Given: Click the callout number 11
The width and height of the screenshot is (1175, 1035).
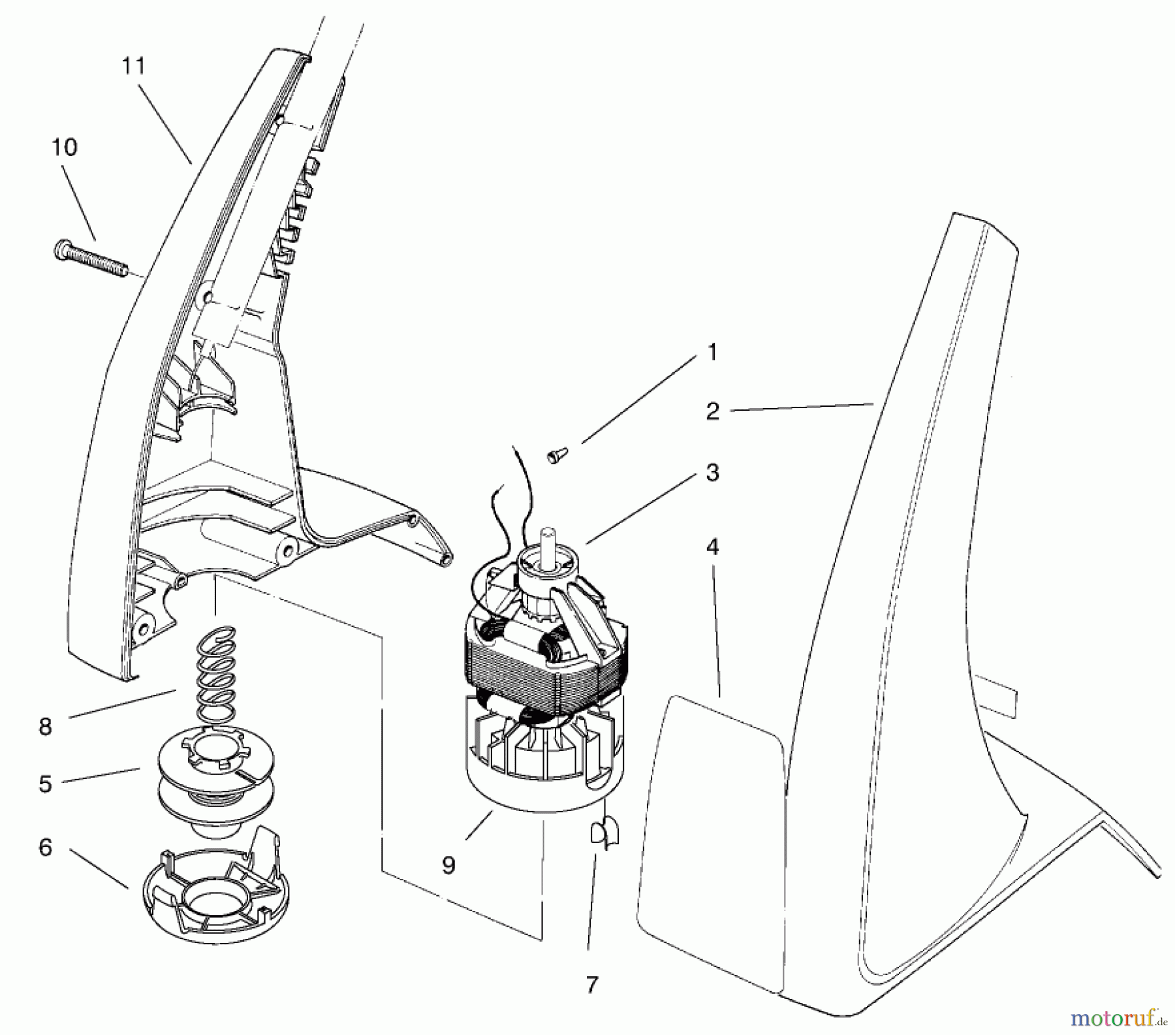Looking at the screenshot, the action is [134, 66].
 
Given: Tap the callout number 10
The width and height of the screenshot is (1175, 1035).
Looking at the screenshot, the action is [65, 147].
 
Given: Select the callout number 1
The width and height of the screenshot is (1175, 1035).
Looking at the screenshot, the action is [713, 353].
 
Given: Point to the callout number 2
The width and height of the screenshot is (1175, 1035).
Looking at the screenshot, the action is [713, 411].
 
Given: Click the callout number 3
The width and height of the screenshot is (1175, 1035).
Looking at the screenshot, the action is [713, 472].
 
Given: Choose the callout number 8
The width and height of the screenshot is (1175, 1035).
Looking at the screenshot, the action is [45, 726].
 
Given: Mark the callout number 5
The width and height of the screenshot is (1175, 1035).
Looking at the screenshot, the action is [45, 784].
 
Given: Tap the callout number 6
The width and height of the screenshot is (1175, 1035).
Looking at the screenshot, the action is [45, 848].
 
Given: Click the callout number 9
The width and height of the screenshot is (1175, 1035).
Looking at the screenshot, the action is [449, 865].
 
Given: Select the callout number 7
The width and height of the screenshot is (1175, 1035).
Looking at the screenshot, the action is [591, 985].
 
